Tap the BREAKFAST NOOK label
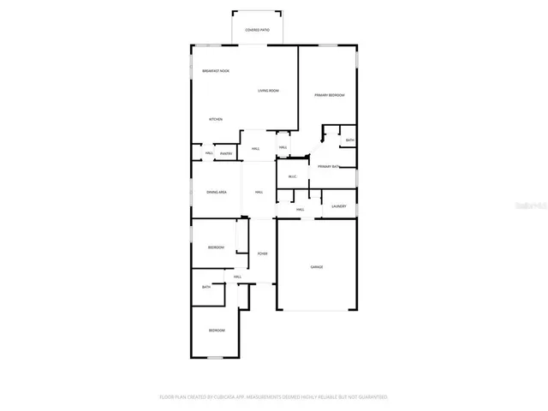click(x=216, y=70)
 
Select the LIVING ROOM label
click(x=269, y=90)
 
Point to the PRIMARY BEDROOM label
click(x=329, y=95)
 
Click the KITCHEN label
click(x=217, y=119)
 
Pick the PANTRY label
click(x=226, y=153)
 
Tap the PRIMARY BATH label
click(x=329, y=166)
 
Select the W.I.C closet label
click(x=292, y=178)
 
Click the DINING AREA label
click(x=217, y=192)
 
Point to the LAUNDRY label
click(x=339, y=205)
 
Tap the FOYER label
click(x=263, y=254)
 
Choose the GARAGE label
click(x=317, y=267)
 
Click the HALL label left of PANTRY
click(x=209, y=153)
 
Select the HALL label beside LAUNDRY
click(x=301, y=209)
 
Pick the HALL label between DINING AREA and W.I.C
click(x=259, y=192)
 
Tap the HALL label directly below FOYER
click(x=238, y=277)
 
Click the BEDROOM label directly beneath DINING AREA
click(x=216, y=247)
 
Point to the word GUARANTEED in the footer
click(x=371, y=397)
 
